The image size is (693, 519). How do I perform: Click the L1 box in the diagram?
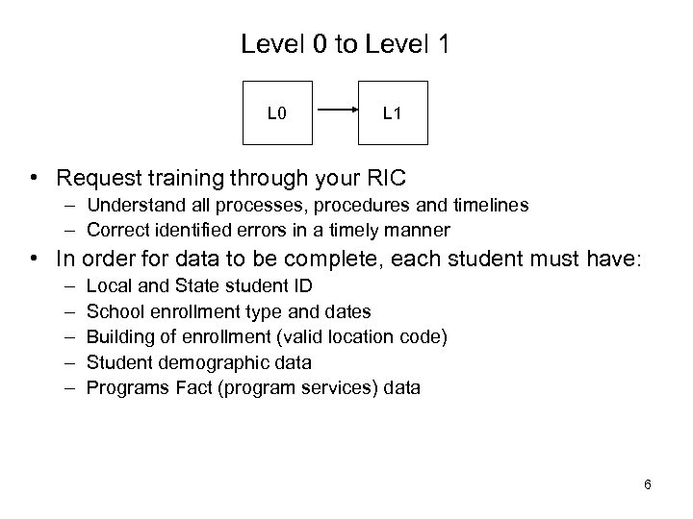392,114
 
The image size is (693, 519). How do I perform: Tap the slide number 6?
648,484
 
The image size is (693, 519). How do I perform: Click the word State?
191,286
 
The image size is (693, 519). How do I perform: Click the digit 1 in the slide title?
444,44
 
